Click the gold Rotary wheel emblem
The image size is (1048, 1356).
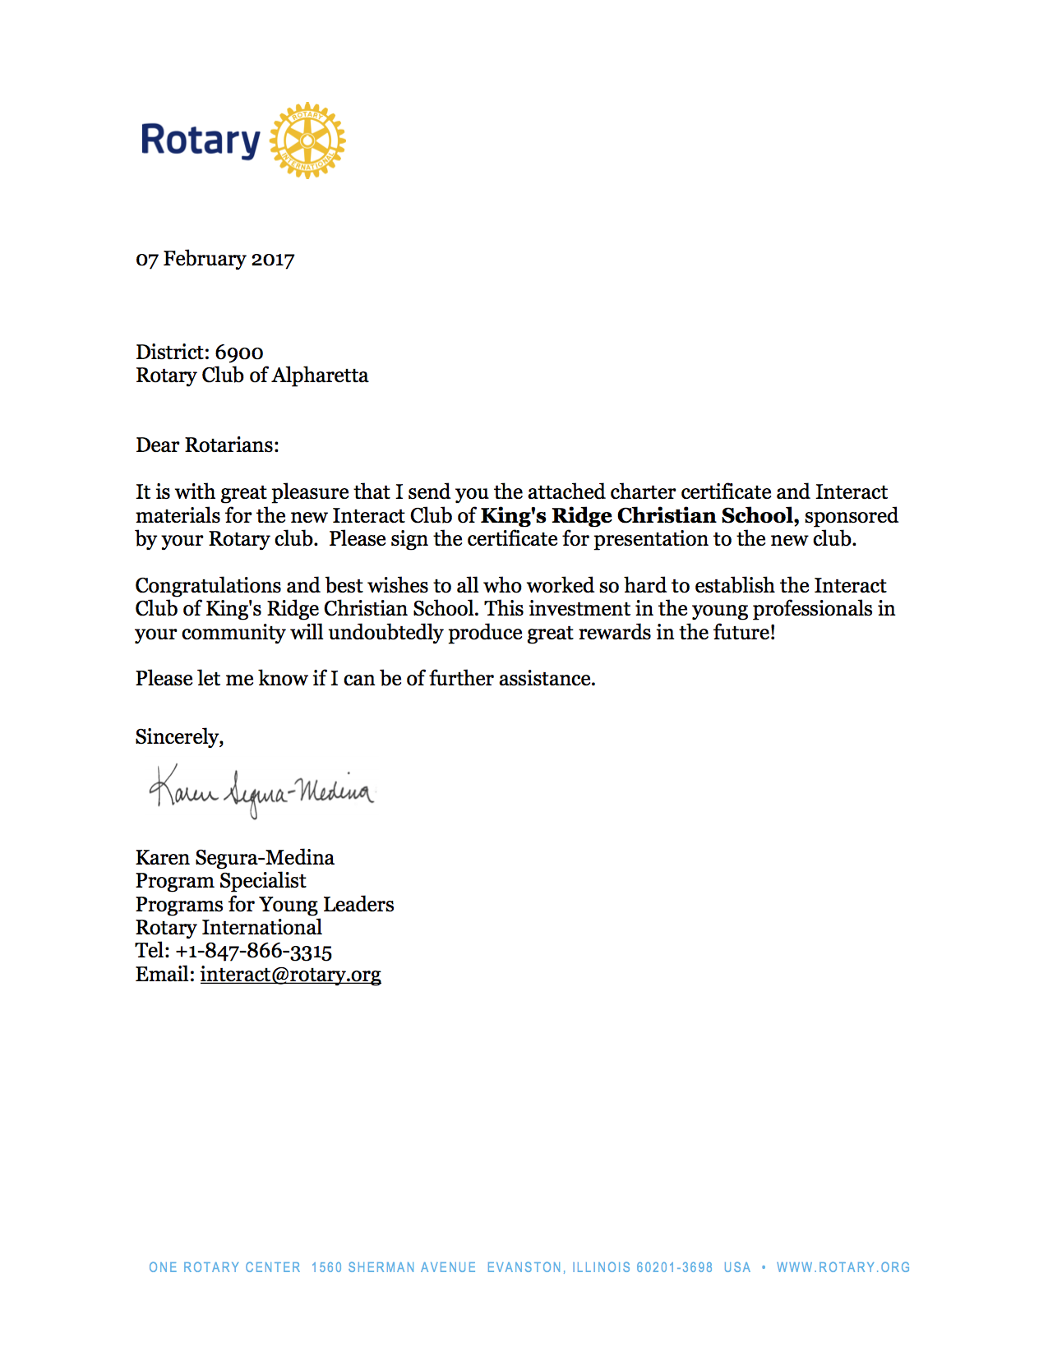pyautogui.click(x=307, y=141)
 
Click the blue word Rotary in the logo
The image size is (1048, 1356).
pyautogui.click(x=201, y=141)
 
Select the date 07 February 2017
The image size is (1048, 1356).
pyautogui.click(x=215, y=259)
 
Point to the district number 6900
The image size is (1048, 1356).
pyautogui.click(x=239, y=353)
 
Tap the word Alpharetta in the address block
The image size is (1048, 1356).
pyautogui.click(x=320, y=376)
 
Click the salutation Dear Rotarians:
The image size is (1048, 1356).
pyautogui.click(x=207, y=445)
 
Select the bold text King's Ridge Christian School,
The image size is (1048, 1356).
pyautogui.click(x=639, y=516)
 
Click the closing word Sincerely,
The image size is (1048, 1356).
pyautogui.click(x=179, y=737)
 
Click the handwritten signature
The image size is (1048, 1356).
pyautogui.click(x=261, y=791)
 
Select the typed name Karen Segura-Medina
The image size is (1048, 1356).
pyautogui.click(x=235, y=858)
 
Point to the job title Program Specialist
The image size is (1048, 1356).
pyautogui.click(x=221, y=881)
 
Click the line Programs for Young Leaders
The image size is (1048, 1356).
pyautogui.click(x=265, y=905)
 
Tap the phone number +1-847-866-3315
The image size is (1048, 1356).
pyautogui.click(x=253, y=952)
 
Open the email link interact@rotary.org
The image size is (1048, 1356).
pyautogui.click(x=290, y=975)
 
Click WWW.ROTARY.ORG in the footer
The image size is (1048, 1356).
pyautogui.click(x=843, y=1267)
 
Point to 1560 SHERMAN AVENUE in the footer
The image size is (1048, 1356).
pyautogui.click(x=394, y=1267)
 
